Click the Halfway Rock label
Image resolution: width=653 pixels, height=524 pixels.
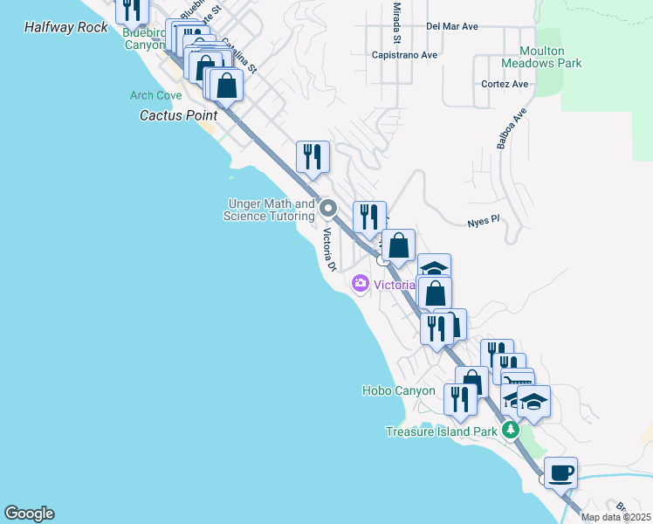pos(66,27)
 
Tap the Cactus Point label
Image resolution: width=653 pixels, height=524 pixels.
pos(179,115)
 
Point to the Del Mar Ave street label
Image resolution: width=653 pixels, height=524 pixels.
pos(452,26)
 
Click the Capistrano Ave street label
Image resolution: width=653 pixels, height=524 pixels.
pos(404,54)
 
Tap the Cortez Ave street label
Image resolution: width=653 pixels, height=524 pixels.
pos(505,84)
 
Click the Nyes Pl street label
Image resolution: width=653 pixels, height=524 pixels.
pos(483,221)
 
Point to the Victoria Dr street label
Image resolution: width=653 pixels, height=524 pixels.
pos(330,250)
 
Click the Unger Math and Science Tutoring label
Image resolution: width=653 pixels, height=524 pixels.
pos(269,210)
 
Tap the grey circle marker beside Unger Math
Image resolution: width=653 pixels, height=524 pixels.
pos(328,208)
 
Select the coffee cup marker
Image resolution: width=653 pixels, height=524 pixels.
pos(560,472)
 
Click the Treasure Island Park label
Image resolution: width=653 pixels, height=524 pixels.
pos(443,431)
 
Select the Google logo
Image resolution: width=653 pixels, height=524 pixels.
pos(29,514)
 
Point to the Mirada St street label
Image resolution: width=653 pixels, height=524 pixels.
pos(396,22)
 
